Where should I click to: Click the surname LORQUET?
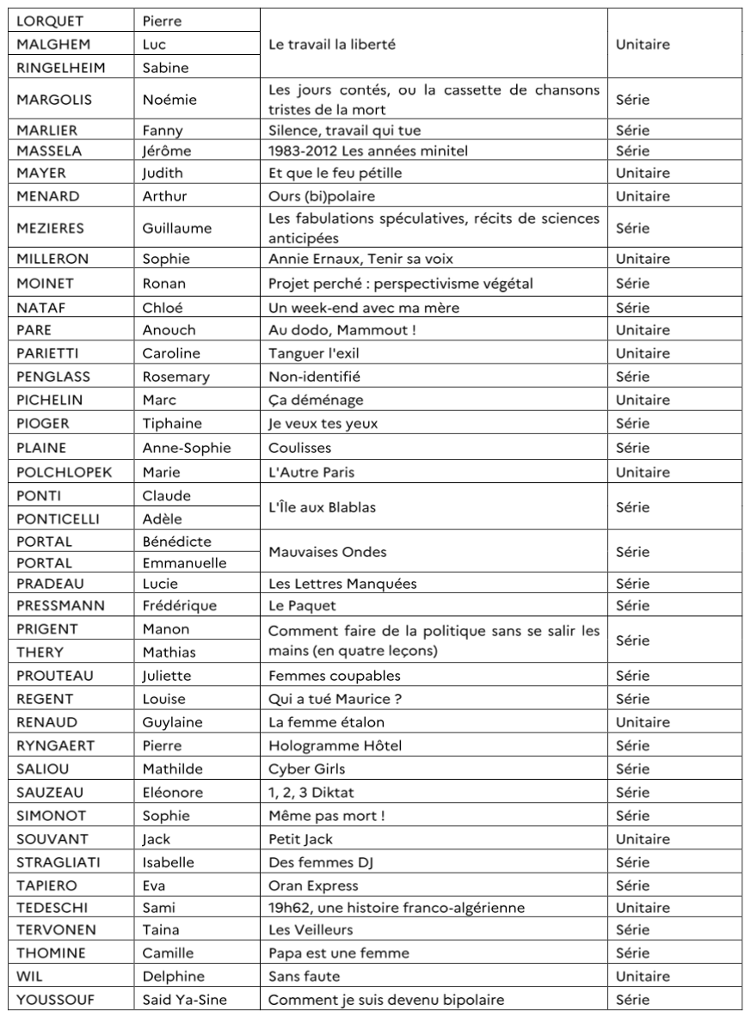[51, 20]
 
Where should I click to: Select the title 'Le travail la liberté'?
[332, 45]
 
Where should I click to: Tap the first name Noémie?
[169, 100]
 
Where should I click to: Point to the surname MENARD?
[48, 196]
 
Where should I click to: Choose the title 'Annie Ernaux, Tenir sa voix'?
[361, 259]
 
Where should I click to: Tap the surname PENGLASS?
[53, 377]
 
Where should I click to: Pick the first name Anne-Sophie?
[188, 447]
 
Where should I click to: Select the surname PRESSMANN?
[60, 605]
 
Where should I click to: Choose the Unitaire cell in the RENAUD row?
[643, 722]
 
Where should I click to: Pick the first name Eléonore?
[172, 792]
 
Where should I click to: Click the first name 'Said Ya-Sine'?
[182, 1001]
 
